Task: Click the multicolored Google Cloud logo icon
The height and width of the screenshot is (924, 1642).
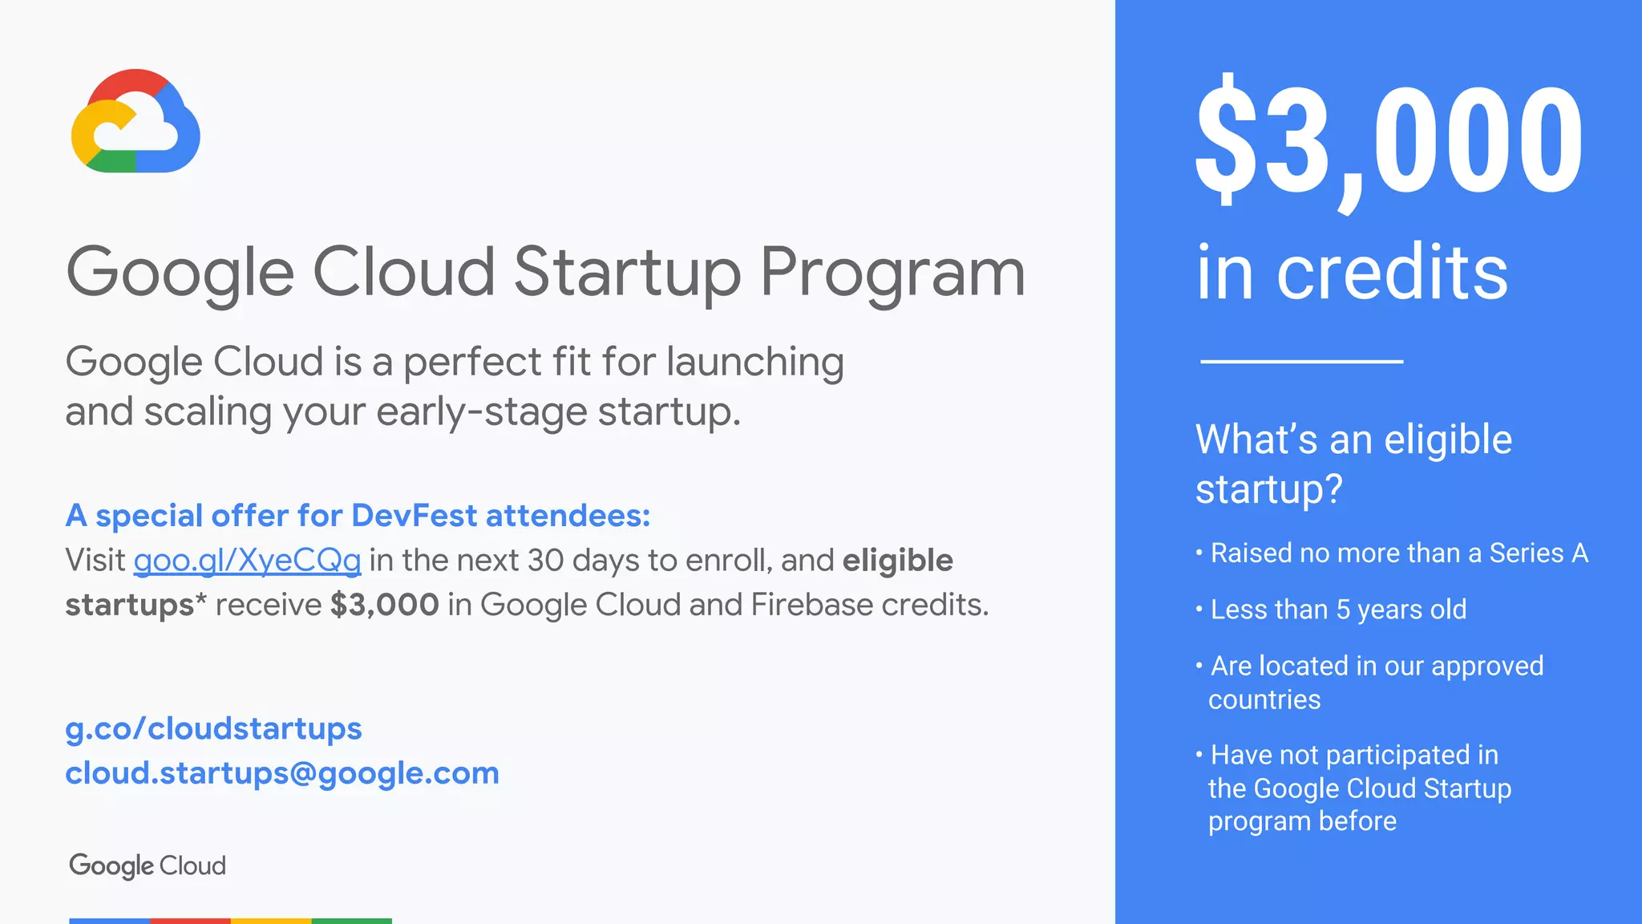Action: click(135, 121)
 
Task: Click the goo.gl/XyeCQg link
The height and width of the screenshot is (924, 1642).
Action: click(247, 560)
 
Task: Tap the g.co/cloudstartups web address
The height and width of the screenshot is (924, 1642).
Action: click(213, 728)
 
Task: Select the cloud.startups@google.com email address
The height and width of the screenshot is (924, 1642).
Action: click(282, 773)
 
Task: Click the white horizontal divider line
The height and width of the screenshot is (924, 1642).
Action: click(1301, 362)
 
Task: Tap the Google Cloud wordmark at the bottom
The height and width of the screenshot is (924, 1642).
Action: click(148, 865)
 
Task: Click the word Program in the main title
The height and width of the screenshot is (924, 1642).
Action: click(892, 273)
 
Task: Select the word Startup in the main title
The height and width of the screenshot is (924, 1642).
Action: click(627, 273)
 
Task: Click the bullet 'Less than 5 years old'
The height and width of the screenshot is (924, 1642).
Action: click(1337, 610)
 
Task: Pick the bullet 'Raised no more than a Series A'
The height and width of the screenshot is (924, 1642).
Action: click(1398, 553)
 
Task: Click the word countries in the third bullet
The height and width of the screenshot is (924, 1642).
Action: click(1264, 699)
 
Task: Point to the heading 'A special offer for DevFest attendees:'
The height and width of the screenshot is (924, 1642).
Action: click(358, 516)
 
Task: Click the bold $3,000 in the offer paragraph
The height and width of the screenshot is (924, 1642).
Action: click(384, 605)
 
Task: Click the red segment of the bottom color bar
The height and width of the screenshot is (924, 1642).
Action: click(190, 920)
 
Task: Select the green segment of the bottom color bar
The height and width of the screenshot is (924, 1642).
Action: click(351, 920)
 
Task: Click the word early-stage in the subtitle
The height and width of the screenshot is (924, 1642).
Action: click(483, 412)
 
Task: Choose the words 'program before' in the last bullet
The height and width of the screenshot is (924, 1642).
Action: click(1302, 821)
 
